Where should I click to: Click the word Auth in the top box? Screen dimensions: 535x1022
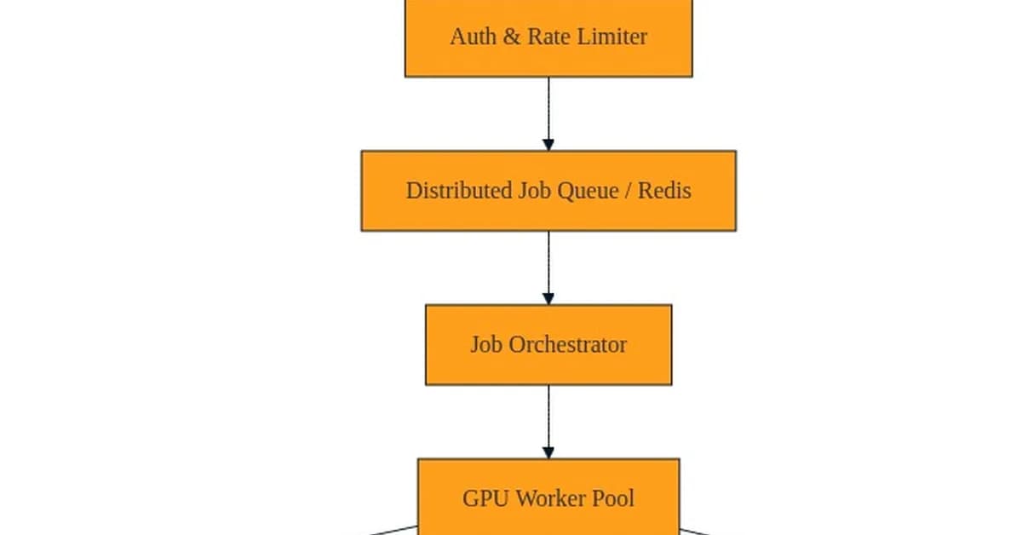point(471,37)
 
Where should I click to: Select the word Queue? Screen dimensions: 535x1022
point(588,191)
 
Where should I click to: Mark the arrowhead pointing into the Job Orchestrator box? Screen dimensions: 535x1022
point(548,298)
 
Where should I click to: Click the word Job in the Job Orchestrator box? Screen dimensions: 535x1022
point(487,345)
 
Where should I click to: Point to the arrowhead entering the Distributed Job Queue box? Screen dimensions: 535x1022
point(548,145)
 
